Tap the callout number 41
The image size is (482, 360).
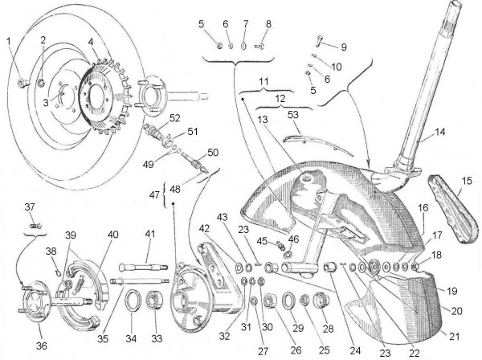(x=149, y=234)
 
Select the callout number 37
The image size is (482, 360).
(x=31, y=207)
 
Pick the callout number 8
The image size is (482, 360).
(x=268, y=24)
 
